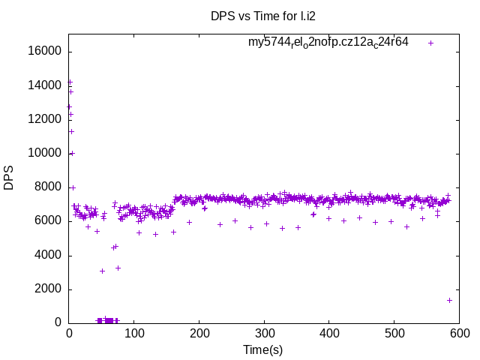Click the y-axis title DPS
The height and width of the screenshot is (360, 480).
(9, 178)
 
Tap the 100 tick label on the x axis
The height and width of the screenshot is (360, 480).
(134, 333)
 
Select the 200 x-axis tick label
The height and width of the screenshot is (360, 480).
(199, 333)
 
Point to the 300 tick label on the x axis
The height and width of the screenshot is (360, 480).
(264, 333)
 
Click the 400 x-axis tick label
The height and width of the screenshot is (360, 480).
(329, 333)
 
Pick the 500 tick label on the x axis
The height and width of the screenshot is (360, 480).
(394, 333)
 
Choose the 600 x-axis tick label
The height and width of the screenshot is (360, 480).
(459, 333)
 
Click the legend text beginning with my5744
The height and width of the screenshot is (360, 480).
(328, 43)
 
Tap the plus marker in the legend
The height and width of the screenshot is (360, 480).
(431, 43)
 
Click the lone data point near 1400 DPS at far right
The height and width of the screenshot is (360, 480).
(449, 300)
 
